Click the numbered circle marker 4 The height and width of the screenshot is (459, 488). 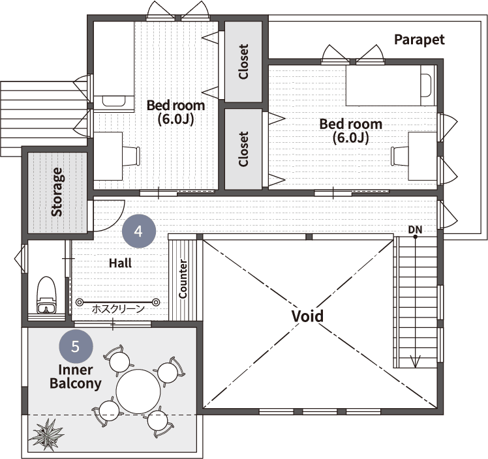[139, 231]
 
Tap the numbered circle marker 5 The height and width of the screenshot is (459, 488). [76, 346]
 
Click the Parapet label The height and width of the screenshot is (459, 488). [419, 40]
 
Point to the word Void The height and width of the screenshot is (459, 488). [307, 316]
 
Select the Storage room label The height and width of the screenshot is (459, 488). [57, 192]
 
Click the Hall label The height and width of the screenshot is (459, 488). [120, 263]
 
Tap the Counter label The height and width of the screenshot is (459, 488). [183, 278]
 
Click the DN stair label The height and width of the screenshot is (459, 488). [415, 229]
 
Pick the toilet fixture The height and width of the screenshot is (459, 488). [47, 295]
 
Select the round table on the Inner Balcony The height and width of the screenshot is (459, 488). [138, 391]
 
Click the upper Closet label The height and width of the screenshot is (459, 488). [243, 61]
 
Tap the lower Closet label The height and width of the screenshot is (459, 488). [243, 149]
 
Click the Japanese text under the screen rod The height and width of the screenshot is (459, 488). [118, 309]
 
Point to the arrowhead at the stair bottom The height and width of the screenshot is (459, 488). [415, 363]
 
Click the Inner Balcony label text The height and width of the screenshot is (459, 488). [76, 377]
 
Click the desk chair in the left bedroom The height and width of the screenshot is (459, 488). [131, 156]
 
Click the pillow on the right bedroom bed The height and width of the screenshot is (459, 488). [426, 86]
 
